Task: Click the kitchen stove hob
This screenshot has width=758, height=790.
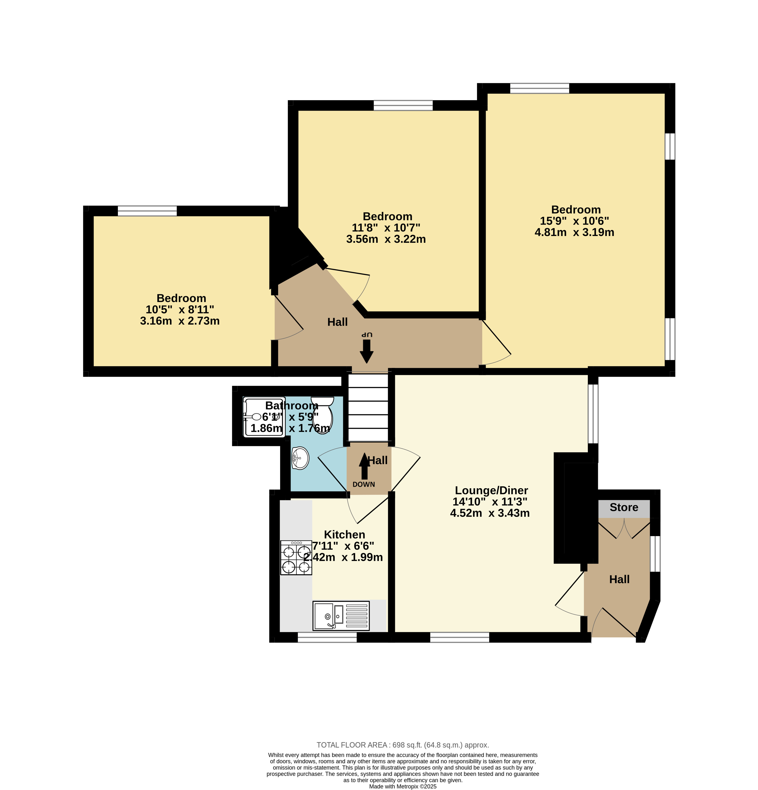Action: pos(296,558)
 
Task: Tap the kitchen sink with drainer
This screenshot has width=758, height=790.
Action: pos(341,616)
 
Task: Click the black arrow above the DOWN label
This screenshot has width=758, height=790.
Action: pos(364,466)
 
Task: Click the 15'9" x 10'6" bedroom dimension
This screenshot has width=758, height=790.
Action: pos(574,221)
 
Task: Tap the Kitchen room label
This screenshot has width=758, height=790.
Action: pos(345,535)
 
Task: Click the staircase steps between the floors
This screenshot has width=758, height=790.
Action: pos(368,408)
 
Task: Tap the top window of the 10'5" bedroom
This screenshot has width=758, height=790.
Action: pos(147,211)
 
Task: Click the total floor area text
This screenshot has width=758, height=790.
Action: pos(403,745)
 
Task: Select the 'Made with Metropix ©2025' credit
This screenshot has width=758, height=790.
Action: pos(403,786)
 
